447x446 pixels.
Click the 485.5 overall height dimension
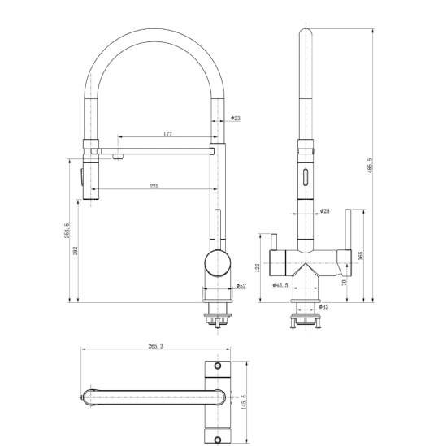tap(370, 165)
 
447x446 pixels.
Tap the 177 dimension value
tap(168, 134)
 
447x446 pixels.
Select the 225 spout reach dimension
tap(154, 186)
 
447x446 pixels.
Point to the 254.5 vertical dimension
tap(67, 230)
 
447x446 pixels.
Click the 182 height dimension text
tap(76, 251)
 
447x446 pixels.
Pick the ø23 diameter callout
tap(236, 118)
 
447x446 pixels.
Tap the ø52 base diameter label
tap(241, 286)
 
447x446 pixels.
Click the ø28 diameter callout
tap(325, 211)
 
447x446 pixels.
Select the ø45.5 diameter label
tap(280, 284)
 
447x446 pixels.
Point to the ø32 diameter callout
tap(323, 307)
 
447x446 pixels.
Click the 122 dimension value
tap(258, 267)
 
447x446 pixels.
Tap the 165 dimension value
tap(360, 255)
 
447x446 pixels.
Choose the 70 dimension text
tap(344, 283)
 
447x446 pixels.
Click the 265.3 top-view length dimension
tap(156, 346)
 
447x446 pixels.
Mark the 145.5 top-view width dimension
tap(244, 402)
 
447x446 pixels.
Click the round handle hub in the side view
tap(218, 262)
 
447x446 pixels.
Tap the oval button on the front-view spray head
tap(306, 177)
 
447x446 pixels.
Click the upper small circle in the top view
tap(218, 366)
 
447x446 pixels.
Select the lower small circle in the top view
tap(218, 440)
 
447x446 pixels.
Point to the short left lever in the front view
tap(274, 242)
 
